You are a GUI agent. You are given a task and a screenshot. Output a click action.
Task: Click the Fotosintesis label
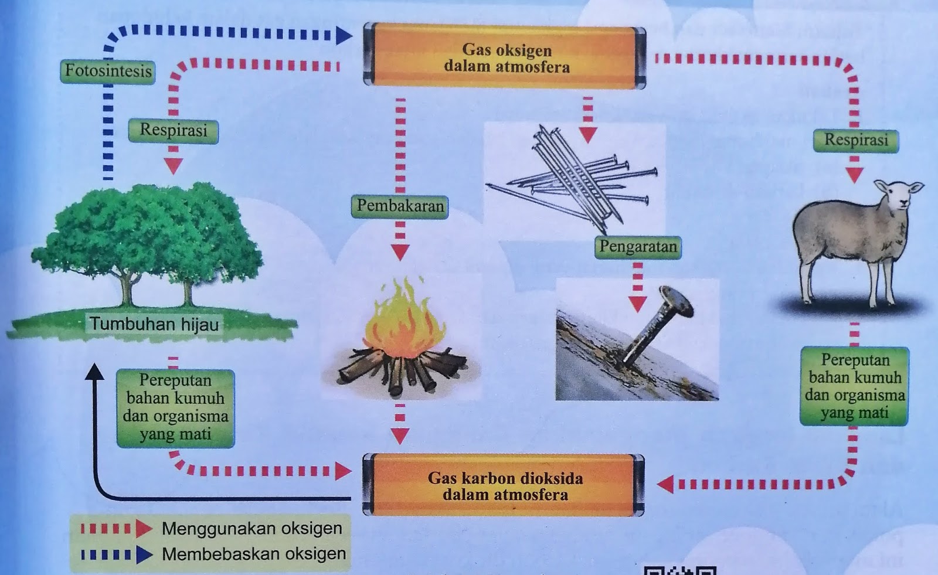(x=108, y=72)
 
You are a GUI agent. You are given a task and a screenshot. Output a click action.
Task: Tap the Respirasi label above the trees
(x=174, y=131)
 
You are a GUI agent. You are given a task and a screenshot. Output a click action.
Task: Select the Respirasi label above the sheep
(x=855, y=141)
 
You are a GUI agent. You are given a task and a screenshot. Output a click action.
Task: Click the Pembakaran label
(x=400, y=206)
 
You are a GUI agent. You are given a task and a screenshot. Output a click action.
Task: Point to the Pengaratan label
(x=638, y=247)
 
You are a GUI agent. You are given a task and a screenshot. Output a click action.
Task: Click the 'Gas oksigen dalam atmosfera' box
(x=505, y=57)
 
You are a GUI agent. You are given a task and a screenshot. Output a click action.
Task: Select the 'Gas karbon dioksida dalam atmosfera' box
(x=504, y=485)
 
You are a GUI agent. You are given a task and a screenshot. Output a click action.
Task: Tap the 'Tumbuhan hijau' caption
(x=154, y=324)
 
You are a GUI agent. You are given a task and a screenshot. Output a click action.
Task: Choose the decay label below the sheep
(x=854, y=386)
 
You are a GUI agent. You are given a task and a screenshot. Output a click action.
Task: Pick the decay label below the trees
(x=175, y=408)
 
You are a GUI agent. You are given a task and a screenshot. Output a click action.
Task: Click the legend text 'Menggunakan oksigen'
(x=252, y=528)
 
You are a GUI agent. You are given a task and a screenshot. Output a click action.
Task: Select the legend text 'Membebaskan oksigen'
(x=254, y=554)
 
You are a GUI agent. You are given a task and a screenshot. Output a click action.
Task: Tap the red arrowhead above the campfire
(x=400, y=252)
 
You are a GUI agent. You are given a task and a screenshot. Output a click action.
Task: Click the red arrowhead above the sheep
(x=855, y=174)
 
